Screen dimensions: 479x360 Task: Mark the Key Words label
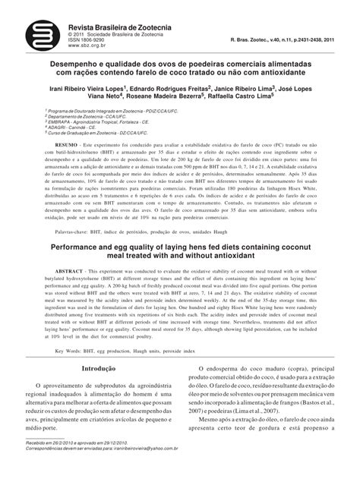tap(73, 351)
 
